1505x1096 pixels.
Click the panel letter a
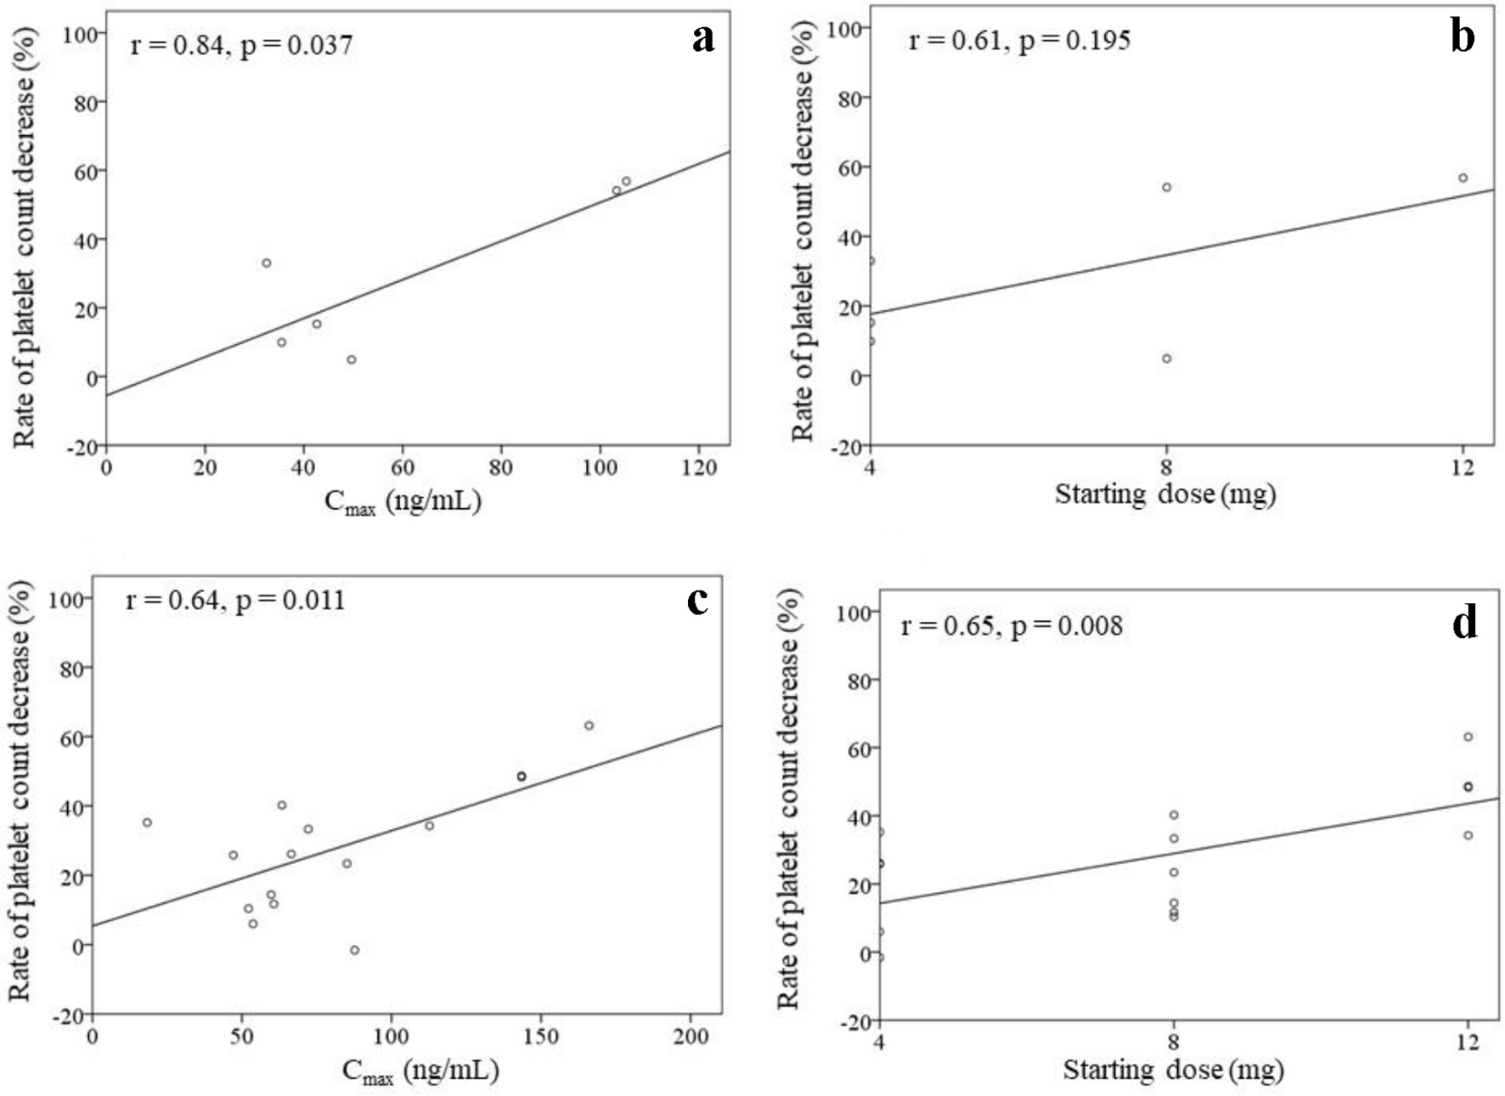tap(702, 39)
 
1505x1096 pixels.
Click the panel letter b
tap(1462, 37)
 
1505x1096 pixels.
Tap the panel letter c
tap(697, 600)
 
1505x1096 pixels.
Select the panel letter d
tap(1464, 624)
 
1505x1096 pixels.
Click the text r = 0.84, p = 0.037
tap(241, 44)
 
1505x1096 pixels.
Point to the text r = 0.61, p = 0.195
tap(1019, 40)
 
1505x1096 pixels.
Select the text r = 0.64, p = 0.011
tap(235, 601)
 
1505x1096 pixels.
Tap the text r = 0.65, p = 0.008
tap(1012, 627)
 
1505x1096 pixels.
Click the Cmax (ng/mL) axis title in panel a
tap(403, 502)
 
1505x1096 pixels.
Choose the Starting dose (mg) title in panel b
tap(1165, 494)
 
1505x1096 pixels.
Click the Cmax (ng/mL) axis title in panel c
tap(420, 1071)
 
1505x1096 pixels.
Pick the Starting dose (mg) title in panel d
tap(1173, 1070)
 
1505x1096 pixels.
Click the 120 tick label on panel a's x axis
tap(699, 468)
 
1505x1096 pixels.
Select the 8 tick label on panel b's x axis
tap(1166, 466)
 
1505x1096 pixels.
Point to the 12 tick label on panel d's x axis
tap(1467, 1042)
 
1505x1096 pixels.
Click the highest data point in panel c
tap(589, 726)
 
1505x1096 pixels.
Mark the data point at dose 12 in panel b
tap(1463, 178)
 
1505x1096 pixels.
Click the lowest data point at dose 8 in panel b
tap(1166, 359)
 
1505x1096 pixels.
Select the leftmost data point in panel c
tap(147, 822)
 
